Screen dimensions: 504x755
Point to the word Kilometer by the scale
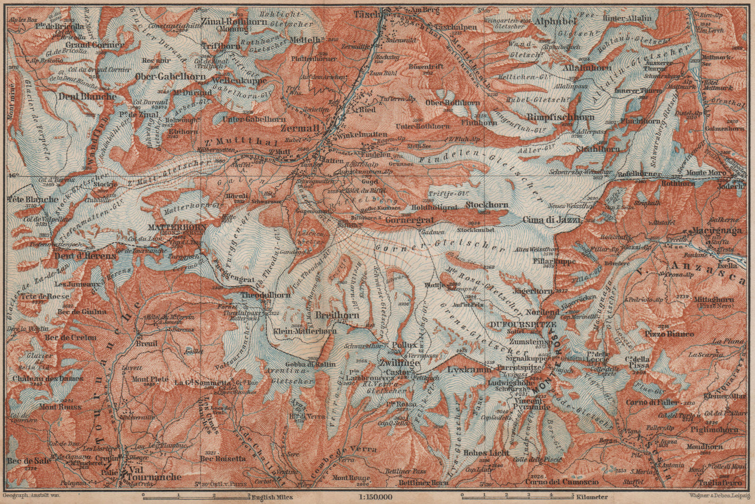pyautogui.click(x=594, y=497)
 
